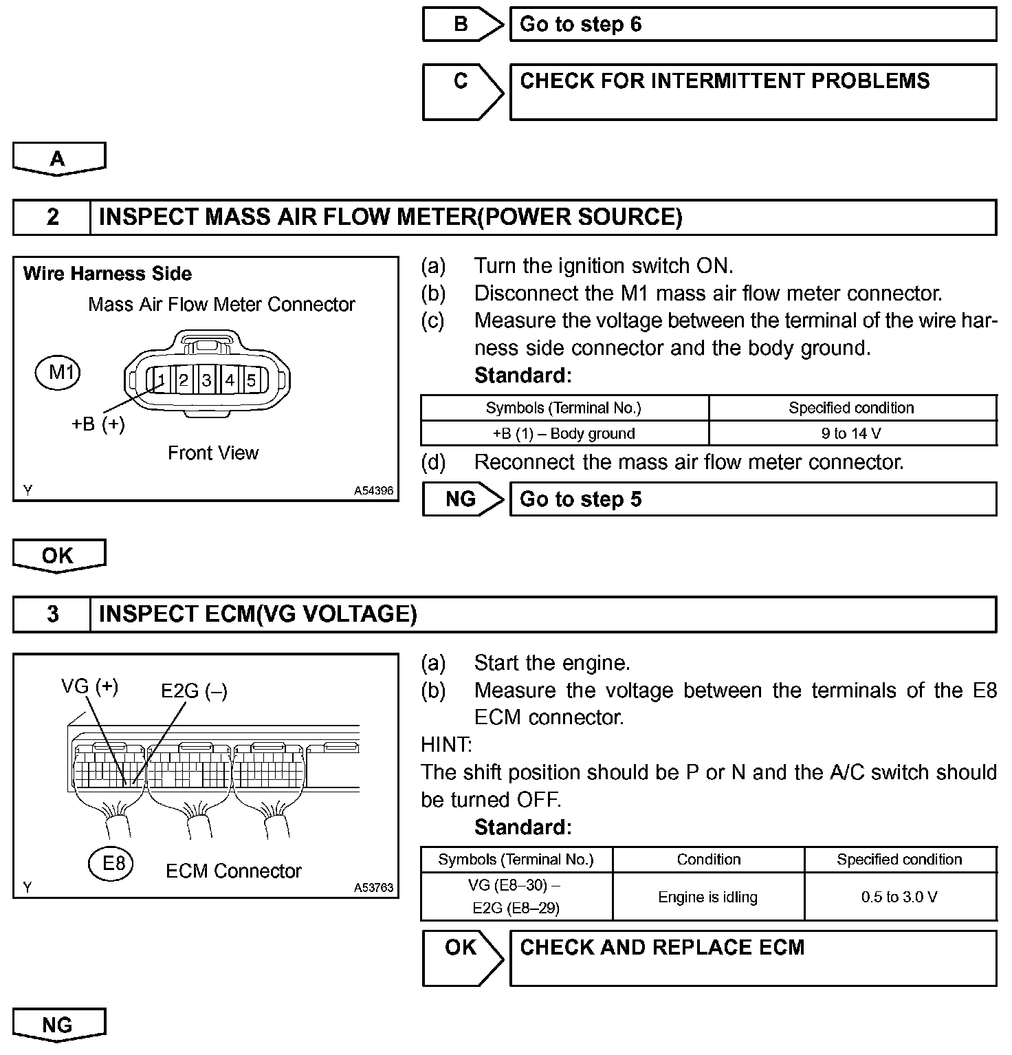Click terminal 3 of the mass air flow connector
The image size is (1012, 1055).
click(x=206, y=380)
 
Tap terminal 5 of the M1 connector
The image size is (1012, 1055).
click(x=252, y=380)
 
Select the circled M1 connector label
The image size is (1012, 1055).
click(x=58, y=373)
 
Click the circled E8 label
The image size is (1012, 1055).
click(x=111, y=862)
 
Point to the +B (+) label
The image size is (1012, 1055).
click(x=98, y=424)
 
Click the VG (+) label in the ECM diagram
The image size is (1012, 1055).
click(x=89, y=686)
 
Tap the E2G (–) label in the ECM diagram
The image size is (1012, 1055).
click(x=194, y=690)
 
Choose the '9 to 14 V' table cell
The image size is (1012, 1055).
click(x=852, y=433)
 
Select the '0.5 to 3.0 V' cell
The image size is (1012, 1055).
click(x=899, y=897)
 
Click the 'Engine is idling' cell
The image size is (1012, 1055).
click(x=708, y=897)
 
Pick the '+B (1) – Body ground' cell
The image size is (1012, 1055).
click(x=564, y=433)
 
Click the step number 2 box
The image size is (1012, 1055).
click(x=52, y=217)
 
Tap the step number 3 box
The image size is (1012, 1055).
click(x=52, y=613)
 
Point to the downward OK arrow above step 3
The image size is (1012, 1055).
click(x=58, y=556)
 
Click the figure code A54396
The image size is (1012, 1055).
click(x=373, y=491)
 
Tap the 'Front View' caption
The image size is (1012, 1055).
click(x=213, y=453)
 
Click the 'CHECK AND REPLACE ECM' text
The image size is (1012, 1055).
click(x=661, y=948)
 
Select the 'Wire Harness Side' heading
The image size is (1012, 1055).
click(x=107, y=274)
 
